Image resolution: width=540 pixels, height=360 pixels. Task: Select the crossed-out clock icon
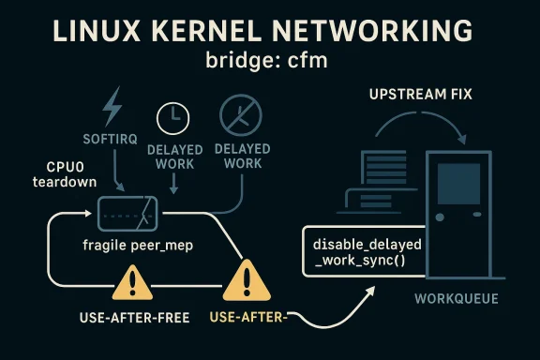[x=238, y=116]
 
